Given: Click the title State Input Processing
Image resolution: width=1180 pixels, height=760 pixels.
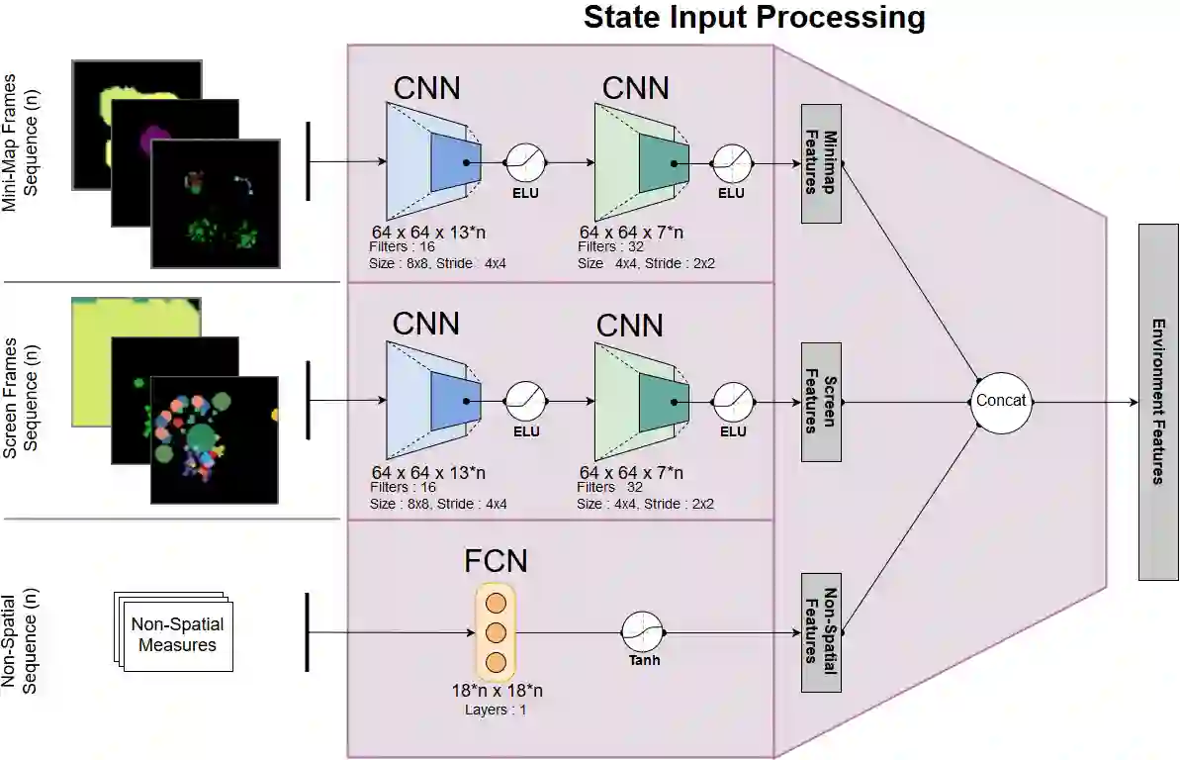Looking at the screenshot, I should coord(754,18).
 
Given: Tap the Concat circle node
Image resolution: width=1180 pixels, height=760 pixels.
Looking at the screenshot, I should coord(1001,401).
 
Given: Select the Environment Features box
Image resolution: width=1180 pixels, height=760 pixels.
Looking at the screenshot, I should coord(1158,402).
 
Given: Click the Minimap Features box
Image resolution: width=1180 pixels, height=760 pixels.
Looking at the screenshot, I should coord(821,163).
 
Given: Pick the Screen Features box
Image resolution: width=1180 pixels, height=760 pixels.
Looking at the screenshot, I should coord(821,402).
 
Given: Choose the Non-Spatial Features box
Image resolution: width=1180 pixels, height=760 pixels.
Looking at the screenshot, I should coord(821,631).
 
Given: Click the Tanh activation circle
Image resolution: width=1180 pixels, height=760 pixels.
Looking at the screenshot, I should coord(643,631).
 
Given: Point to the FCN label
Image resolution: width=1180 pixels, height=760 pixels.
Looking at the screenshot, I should coord(496,561).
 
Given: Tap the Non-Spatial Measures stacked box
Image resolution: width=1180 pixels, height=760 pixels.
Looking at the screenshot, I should coord(175,634).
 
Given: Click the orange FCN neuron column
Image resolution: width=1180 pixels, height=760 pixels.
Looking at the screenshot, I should coord(496,631).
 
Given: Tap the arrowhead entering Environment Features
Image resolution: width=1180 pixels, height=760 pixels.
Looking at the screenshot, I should coord(1134,402).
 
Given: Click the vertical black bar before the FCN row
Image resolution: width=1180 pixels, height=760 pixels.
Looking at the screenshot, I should coord(309,631).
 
